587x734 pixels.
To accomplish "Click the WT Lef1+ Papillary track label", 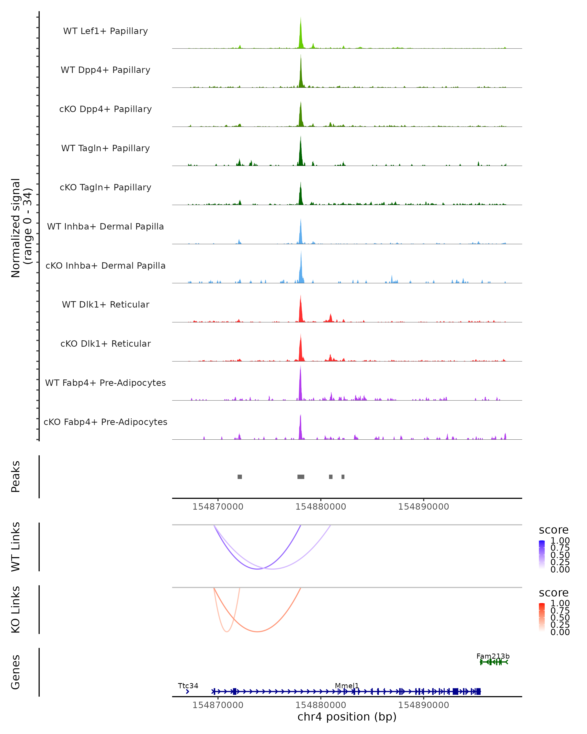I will (105, 31).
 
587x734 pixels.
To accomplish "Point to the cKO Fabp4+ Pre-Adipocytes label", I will (105, 422).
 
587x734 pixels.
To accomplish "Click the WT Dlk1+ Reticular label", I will (105, 304).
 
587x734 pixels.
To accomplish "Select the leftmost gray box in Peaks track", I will (239, 477).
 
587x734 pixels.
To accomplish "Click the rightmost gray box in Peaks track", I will (343, 477).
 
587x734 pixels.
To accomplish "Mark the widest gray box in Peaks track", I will (301, 477).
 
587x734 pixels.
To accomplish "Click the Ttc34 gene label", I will (188, 686).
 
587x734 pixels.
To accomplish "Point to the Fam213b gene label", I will (493, 656).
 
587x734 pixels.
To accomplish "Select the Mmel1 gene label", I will (347, 686).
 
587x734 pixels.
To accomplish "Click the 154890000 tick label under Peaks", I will (423, 507).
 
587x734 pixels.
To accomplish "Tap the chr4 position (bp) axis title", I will (347, 717).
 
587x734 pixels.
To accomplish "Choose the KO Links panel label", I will (16, 609).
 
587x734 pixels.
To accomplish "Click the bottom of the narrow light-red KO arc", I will (227, 631).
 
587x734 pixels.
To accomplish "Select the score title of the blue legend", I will (553, 530).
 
